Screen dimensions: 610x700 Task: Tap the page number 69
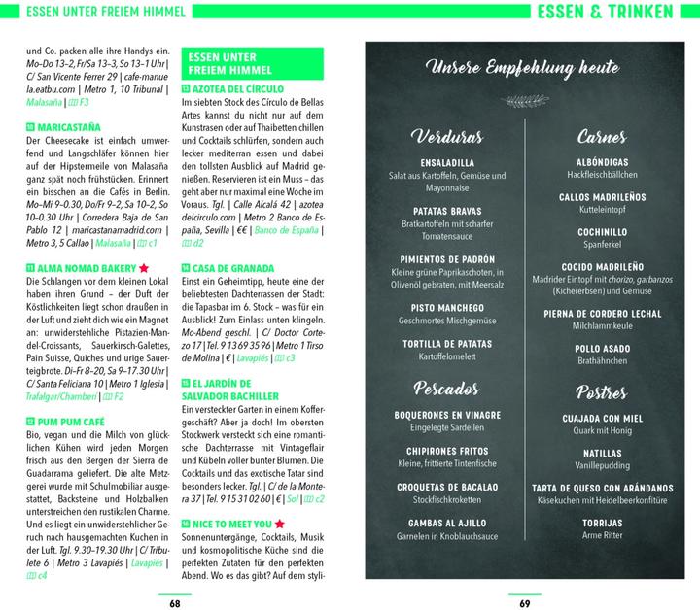(x=525, y=600)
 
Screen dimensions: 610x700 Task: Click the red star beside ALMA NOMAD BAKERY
(x=144, y=267)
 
